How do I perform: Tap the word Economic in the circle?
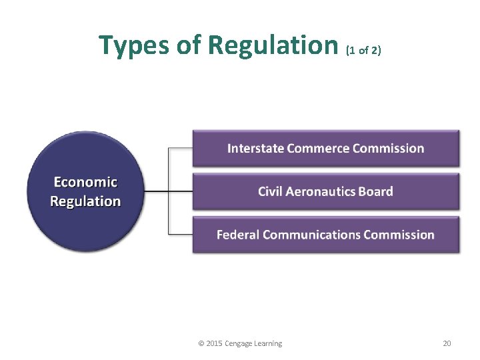(85, 182)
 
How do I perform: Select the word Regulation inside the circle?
(85, 201)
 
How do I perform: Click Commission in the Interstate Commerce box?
(389, 148)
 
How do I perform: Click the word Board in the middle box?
(376, 191)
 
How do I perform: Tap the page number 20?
(447, 343)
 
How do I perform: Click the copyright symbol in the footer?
(201, 343)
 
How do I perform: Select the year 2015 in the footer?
(214, 343)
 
